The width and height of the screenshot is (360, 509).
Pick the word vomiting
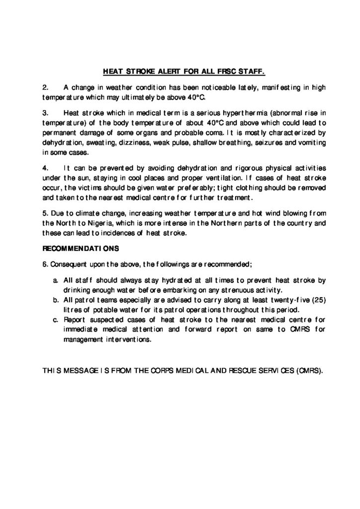coord(310,144)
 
